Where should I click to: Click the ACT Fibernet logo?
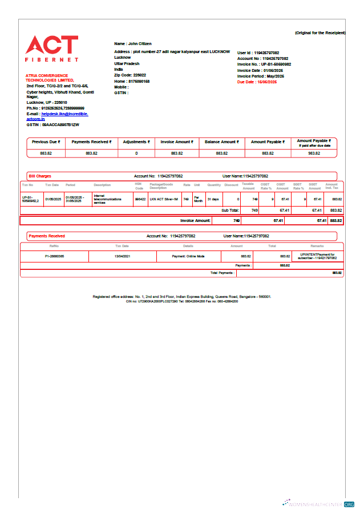pos(52,49)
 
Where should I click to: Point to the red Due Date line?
pos(257,82)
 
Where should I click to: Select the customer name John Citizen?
pos(133,43)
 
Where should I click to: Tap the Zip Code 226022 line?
pos(130,75)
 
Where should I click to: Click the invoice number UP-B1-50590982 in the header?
pos(264,64)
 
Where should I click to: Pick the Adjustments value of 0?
pos(136,154)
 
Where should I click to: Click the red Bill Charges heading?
pos(40,176)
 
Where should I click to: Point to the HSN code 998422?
pos(140,199)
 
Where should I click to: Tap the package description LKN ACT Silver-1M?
pos(164,199)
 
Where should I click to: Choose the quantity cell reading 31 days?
pos(213,199)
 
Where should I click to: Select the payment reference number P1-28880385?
pos(54,257)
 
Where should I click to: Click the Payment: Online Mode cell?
pos(188,257)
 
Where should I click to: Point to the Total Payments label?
pos(223,273)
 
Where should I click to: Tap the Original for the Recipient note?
pos(320,33)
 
